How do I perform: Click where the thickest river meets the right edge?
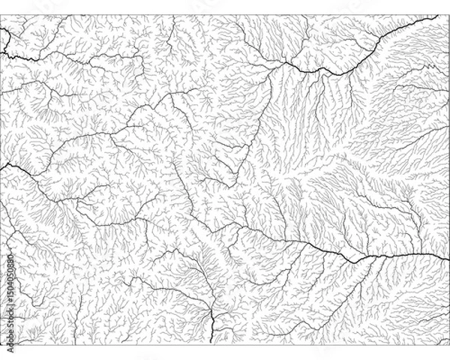click(448, 253)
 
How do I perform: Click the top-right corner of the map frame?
click(448, 15)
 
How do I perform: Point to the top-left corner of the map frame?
click(1, 15)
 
